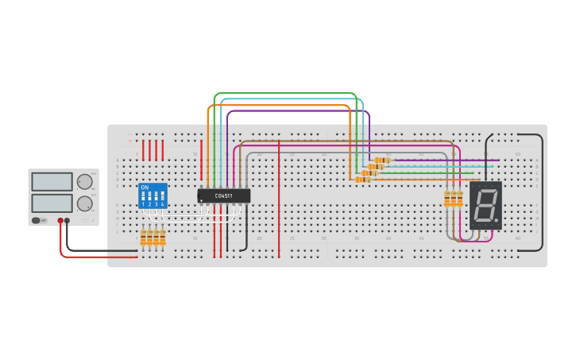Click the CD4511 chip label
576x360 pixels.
(x=223, y=195)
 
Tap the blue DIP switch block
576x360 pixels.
(x=153, y=195)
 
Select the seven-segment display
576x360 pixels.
(x=485, y=205)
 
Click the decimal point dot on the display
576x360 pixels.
(x=497, y=220)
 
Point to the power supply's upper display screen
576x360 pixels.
(x=52, y=182)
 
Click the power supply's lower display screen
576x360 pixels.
(x=52, y=203)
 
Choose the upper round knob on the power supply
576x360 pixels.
(x=84, y=182)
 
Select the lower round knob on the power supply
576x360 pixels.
(x=84, y=203)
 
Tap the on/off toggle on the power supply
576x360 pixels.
(x=37, y=220)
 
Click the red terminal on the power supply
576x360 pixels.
(x=60, y=221)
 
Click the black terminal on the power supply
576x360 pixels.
(x=67, y=221)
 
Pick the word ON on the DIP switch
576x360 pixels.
(x=145, y=188)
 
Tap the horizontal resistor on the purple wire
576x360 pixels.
(x=382, y=161)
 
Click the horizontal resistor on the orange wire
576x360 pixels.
(x=363, y=180)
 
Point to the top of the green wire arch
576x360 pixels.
(x=286, y=93)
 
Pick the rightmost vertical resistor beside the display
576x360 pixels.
(x=459, y=199)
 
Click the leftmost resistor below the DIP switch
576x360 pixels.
(x=144, y=238)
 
